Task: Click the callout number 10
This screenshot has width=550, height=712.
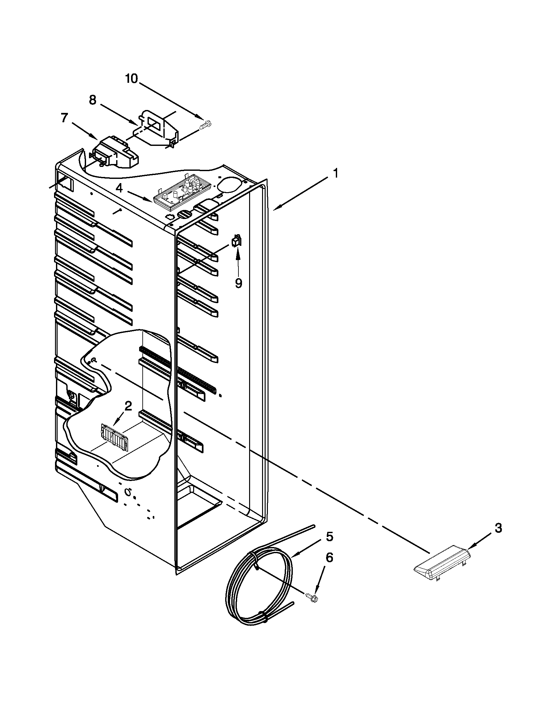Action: [x=132, y=79]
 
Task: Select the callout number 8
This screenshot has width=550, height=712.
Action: [x=93, y=100]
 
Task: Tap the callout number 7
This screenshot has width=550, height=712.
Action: [x=65, y=118]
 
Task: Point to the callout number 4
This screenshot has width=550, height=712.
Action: [x=120, y=188]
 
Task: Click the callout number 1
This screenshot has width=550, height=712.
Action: [x=335, y=173]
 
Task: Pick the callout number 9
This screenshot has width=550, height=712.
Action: [x=239, y=283]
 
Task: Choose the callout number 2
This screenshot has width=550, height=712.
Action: [x=128, y=406]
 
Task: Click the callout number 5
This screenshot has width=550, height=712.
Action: [x=329, y=536]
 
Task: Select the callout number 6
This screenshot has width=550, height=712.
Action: [x=329, y=558]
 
